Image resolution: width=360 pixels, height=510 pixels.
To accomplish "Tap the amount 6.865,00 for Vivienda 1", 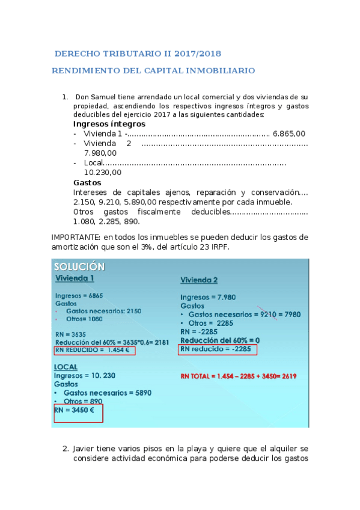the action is (x=288, y=134).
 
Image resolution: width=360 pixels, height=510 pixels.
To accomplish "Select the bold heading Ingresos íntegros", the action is (x=109, y=124).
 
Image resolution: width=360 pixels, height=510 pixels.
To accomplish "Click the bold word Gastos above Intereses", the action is (x=87, y=182).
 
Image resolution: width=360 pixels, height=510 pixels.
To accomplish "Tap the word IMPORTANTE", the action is (x=76, y=237).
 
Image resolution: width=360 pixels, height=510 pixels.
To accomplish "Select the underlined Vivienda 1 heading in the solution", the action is (x=75, y=278).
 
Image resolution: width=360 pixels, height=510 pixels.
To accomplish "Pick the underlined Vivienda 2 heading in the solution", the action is (x=199, y=280).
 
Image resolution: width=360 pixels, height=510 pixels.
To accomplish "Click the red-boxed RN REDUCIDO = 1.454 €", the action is (x=94, y=350).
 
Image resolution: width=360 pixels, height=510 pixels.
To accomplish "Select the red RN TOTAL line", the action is (x=239, y=376).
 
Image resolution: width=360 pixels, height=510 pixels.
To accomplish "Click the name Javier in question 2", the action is (x=84, y=449).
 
